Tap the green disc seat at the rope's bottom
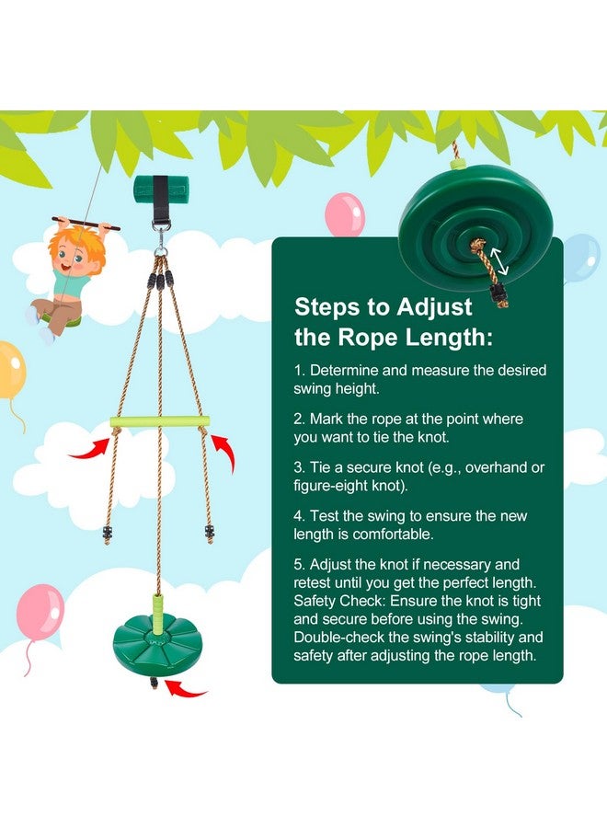[x=147, y=636]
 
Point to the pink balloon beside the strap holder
[x=345, y=214]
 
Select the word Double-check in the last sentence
[x=337, y=637]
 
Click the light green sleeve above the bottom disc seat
[x=160, y=608]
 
